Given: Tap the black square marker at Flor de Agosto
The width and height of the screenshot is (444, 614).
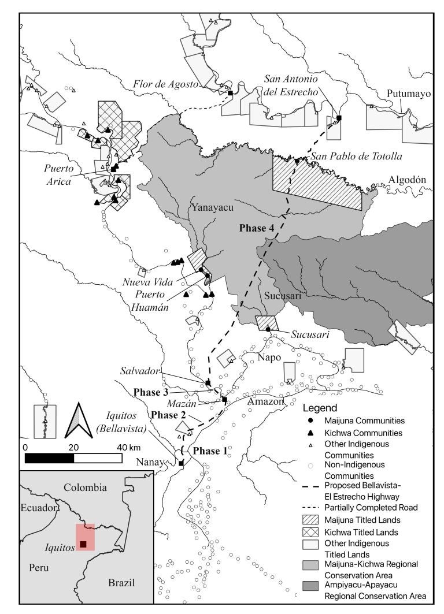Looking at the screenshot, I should pyautogui.click(x=231, y=92).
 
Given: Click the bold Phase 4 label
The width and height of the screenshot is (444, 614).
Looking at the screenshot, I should pyautogui.click(x=256, y=228).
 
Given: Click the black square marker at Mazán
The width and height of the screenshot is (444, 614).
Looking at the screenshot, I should pyautogui.click(x=224, y=400).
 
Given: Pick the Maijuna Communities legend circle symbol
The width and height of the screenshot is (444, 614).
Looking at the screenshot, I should pyautogui.click(x=310, y=421).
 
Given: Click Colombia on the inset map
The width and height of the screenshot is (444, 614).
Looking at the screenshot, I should pyautogui.click(x=85, y=488).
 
